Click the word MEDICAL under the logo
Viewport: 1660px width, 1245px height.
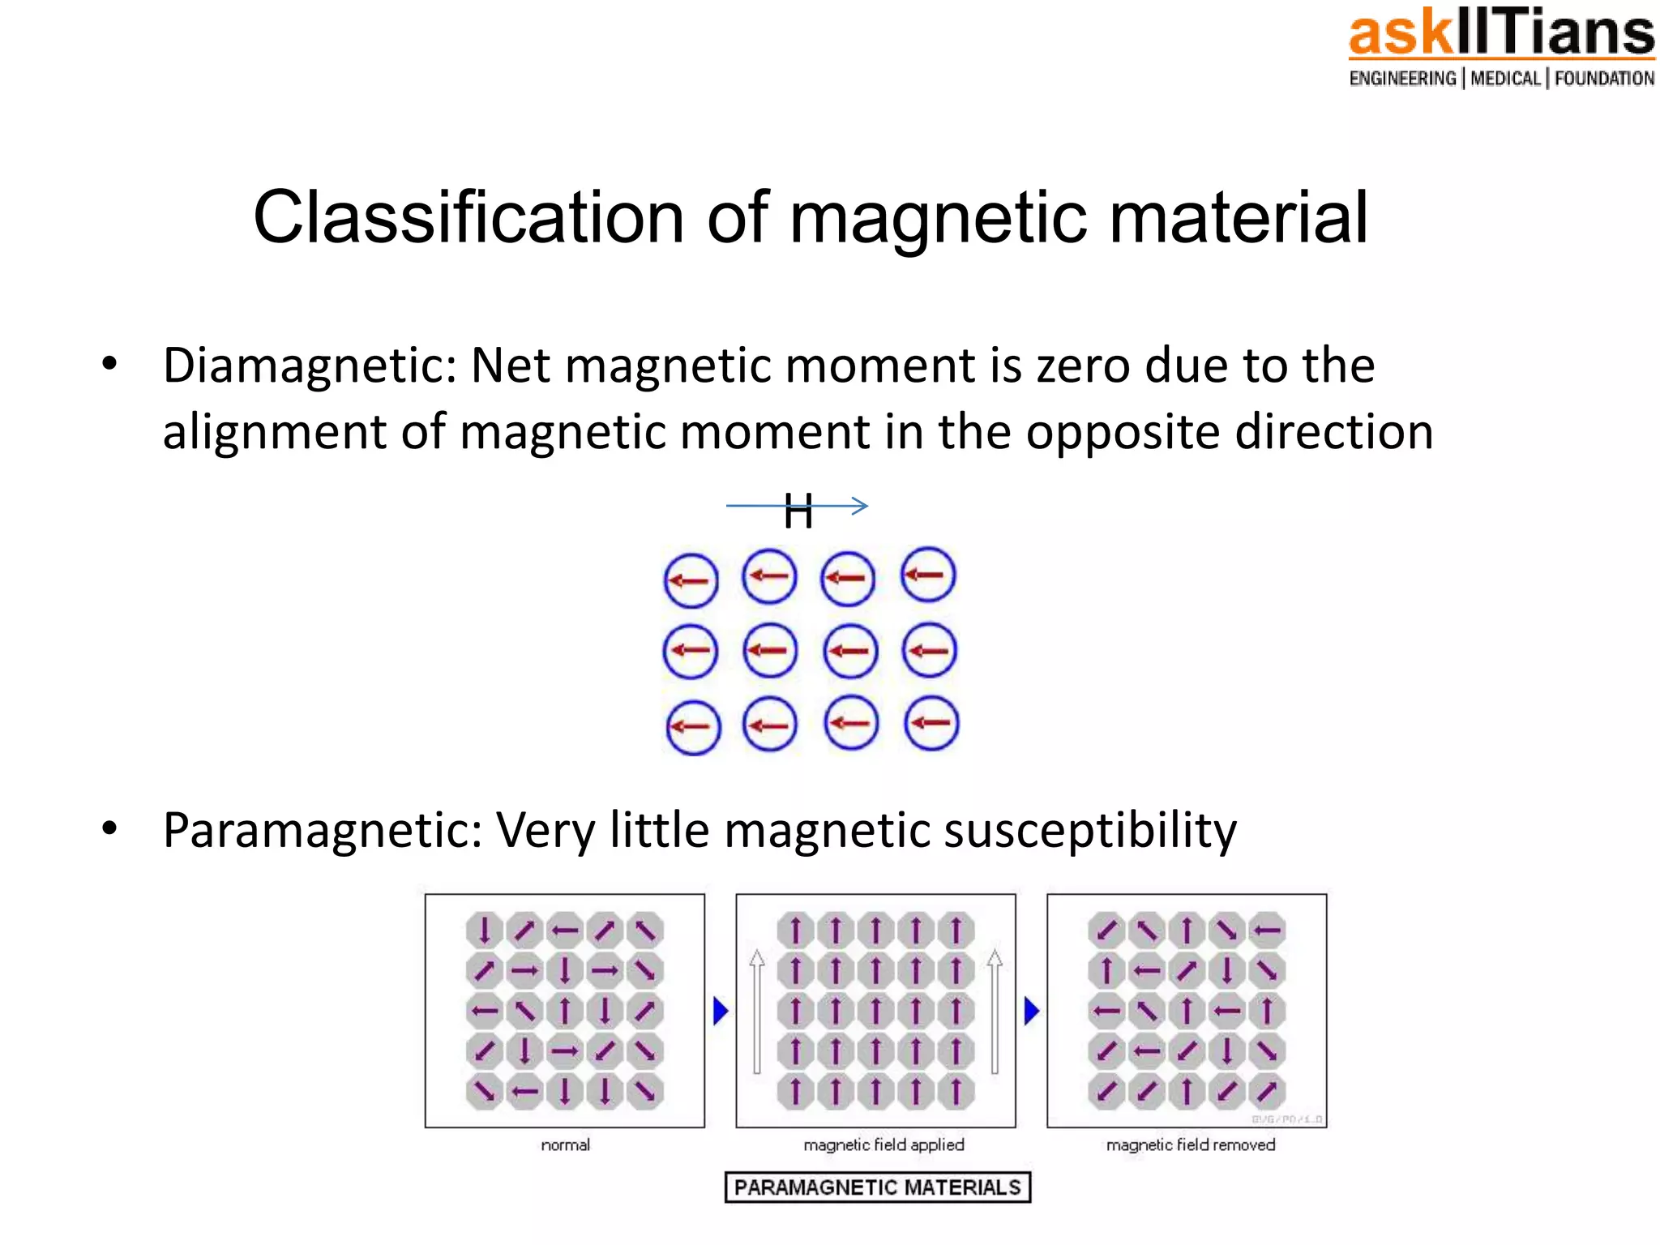tap(1505, 79)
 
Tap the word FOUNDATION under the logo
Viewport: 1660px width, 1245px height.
tap(1604, 79)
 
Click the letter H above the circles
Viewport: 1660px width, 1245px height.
tap(798, 512)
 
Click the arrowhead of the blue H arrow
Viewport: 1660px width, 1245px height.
tap(862, 506)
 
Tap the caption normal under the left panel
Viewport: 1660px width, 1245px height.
tap(565, 1144)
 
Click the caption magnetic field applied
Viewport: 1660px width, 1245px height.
tap(883, 1144)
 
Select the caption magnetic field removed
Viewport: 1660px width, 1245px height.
tap(1190, 1144)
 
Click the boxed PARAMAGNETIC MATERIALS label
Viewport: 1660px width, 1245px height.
tap(877, 1187)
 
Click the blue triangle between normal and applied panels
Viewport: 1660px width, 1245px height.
tap(720, 1011)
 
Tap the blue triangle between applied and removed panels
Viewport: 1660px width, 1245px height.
tap(1031, 1011)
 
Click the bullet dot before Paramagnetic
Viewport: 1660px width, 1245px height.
tap(109, 828)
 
